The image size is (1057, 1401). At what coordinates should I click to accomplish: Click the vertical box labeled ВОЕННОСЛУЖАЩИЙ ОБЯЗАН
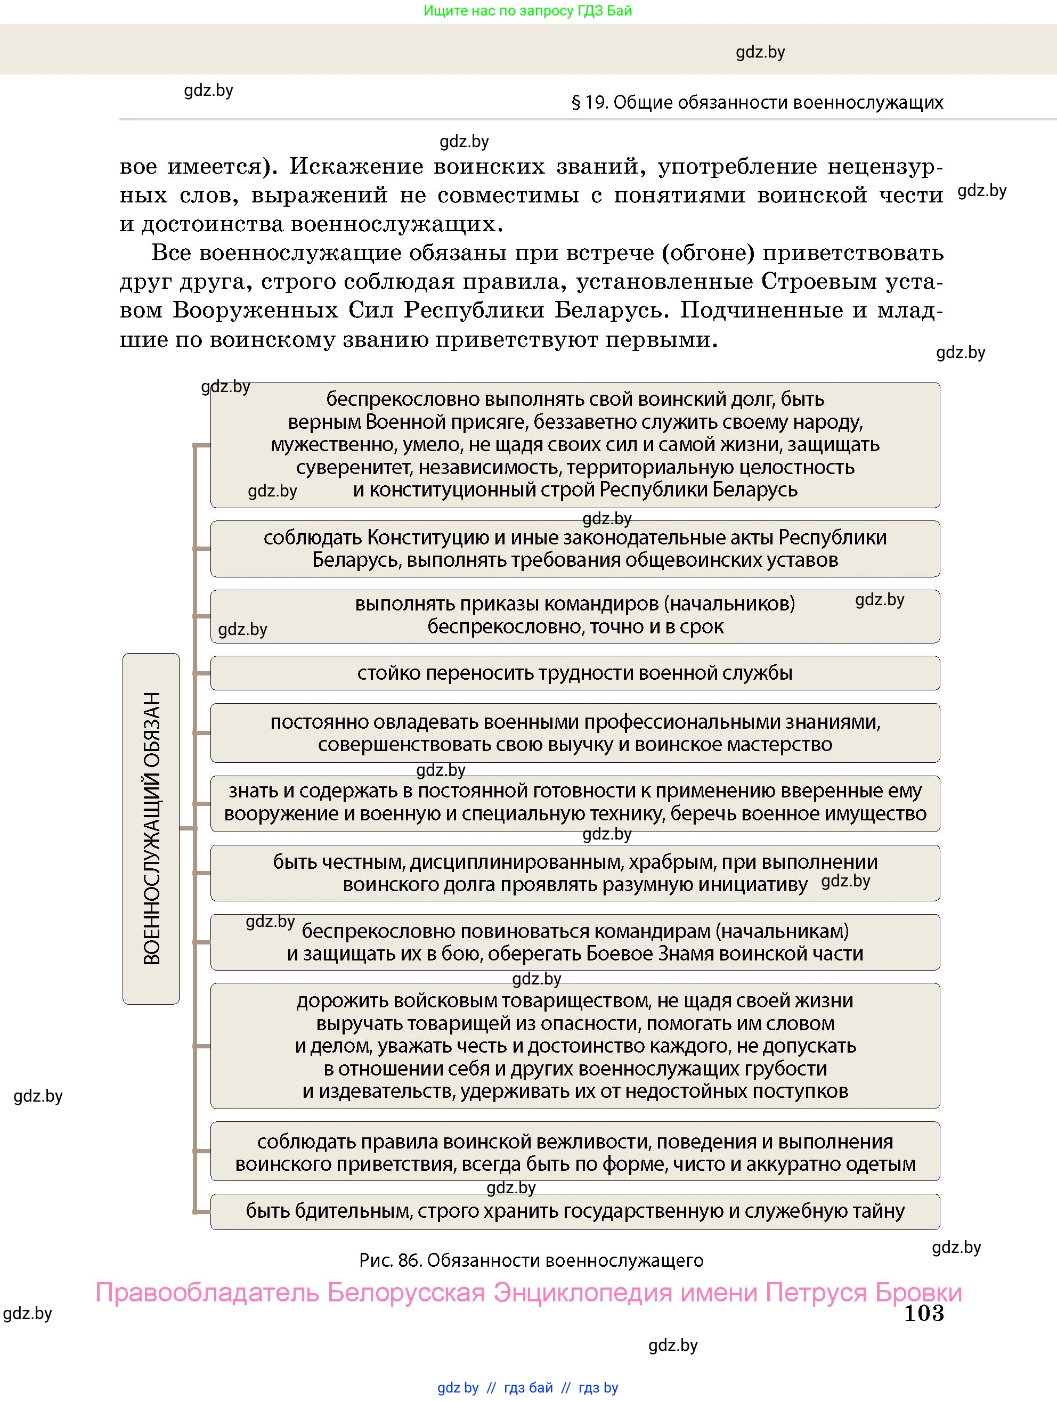(151, 828)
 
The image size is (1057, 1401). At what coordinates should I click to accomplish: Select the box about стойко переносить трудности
(574, 673)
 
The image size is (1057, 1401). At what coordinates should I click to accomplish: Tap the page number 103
(923, 1313)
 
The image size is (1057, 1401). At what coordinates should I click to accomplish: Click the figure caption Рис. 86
(531, 1260)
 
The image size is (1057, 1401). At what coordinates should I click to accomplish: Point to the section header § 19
(757, 103)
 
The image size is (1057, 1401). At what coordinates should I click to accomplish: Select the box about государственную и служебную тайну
(574, 1211)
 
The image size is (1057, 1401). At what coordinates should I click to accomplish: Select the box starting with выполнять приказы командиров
(574, 616)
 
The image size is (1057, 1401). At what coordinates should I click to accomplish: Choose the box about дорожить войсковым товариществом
(574, 1046)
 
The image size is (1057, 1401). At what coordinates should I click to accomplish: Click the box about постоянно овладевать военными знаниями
(574, 733)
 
